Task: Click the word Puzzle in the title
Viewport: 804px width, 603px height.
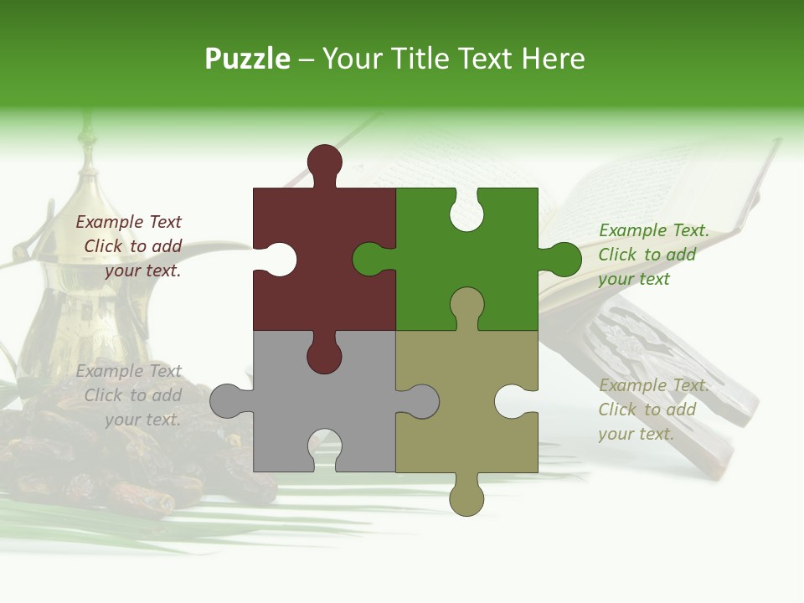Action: (247, 59)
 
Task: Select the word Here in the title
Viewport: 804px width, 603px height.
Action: (553, 59)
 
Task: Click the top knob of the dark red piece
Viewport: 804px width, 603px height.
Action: (324, 162)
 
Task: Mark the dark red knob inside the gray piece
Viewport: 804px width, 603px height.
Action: (324, 355)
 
